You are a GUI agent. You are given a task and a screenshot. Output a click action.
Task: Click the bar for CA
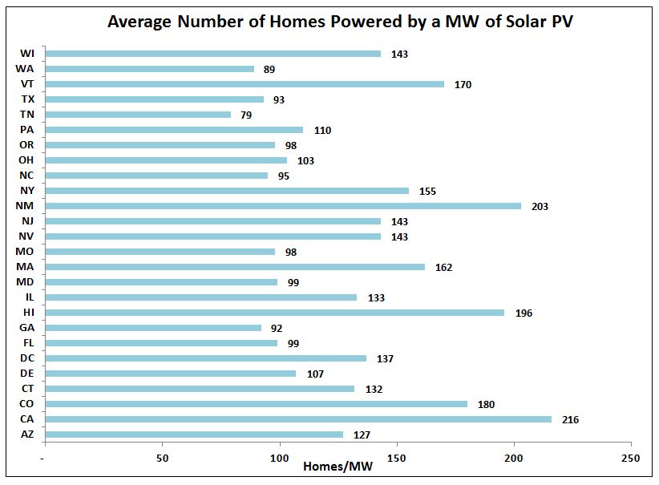click(x=297, y=419)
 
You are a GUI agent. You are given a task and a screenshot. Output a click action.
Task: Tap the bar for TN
click(x=137, y=115)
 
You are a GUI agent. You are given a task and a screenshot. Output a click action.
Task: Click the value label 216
click(x=570, y=419)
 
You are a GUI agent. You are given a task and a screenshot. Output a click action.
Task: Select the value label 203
click(x=540, y=206)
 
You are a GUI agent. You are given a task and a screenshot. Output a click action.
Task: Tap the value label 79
click(x=245, y=115)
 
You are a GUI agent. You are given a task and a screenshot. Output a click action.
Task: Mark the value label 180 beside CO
click(x=486, y=404)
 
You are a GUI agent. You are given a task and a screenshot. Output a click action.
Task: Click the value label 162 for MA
click(x=443, y=267)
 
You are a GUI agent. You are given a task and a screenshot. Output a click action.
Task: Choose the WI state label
click(x=26, y=54)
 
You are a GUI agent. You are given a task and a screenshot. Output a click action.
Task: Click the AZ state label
click(x=26, y=434)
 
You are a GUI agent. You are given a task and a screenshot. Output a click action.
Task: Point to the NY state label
click(x=26, y=191)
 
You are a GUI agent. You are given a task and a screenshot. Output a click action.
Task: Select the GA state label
click(x=26, y=328)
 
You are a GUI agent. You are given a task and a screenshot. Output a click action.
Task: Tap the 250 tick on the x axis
click(x=631, y=459)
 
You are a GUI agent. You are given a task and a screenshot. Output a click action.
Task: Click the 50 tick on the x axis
click(x=162, y=459)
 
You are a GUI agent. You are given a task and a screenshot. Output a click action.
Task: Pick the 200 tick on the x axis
click(x=514, y=459)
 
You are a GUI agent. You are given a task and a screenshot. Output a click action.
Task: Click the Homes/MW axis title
click(x=337, y=467)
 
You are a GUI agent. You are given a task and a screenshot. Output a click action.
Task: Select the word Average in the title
click(x=142, y=22)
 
